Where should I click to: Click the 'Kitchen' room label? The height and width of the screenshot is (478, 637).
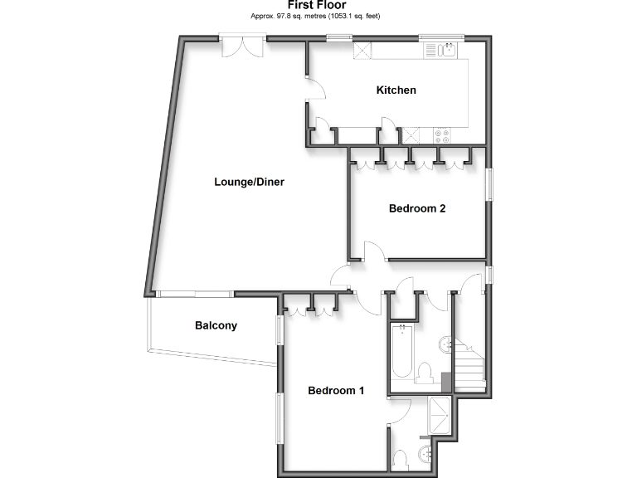coord(396,90)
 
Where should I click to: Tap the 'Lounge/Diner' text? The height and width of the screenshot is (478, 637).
coord(249,182)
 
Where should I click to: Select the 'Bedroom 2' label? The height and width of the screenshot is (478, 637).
coord(417,208)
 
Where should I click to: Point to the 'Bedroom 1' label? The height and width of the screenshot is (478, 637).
coord(336,390)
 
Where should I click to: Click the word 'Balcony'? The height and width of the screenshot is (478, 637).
coord(216,325)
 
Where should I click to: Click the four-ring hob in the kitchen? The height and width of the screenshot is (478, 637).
coord(441,134)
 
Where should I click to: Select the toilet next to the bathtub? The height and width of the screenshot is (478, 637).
coord(425,374)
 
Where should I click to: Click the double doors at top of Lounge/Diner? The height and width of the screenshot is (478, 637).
coord(242,44)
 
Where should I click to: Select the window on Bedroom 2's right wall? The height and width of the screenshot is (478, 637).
coord(489,184)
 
